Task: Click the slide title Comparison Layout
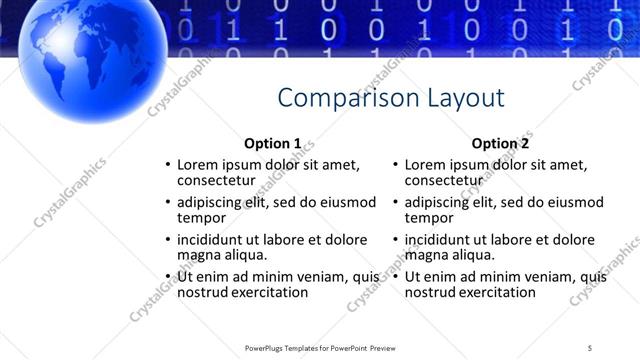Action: click(390, 98)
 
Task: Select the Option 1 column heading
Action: click(272, 143)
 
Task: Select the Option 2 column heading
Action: click(500, 143)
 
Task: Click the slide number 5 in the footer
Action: click(590, 347)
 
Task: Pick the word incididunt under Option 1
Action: click(213, 240)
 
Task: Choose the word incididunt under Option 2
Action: click(441, 240)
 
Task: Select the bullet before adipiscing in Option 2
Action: click(395, 202)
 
